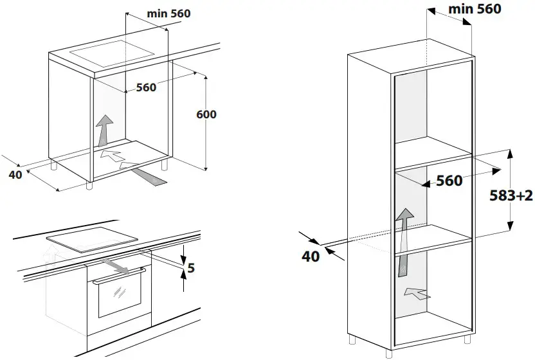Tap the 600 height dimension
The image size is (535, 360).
click(206, 114)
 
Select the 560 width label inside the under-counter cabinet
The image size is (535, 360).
click(145, 87)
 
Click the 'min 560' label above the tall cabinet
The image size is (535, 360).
click(473, 9)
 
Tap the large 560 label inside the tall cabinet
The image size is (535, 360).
click(449, 181)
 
